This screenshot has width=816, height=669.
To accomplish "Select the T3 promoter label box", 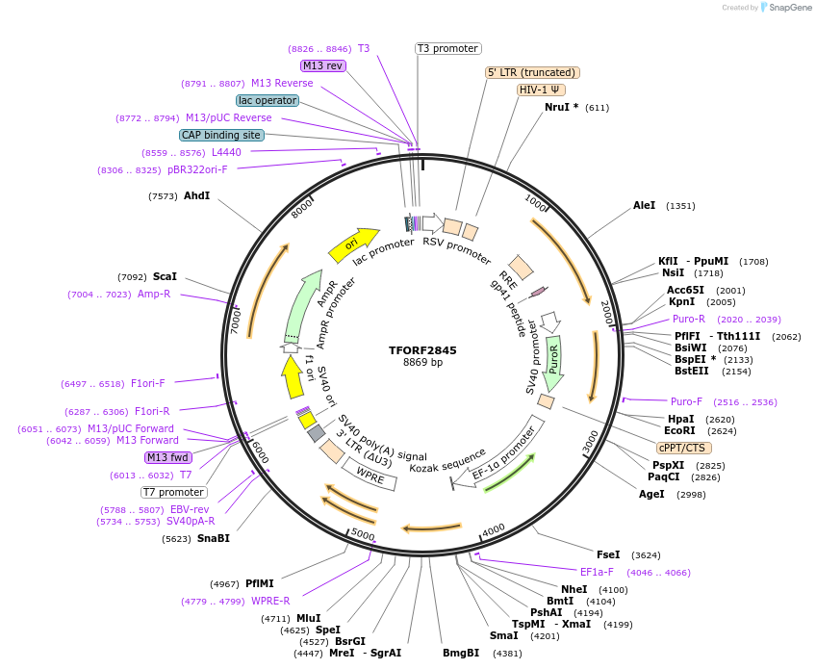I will [x=448, y=48].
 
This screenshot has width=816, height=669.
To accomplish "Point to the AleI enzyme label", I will [x=644, y=205].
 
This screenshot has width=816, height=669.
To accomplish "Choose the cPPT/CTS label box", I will [x=684, y=448].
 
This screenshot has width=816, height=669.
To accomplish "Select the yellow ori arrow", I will [x=352, y=246].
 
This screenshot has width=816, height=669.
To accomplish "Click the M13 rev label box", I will [x=322, y=65].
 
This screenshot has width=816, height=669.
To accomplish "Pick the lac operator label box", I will [x=267, y=100].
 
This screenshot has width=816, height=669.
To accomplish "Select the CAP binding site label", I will [x=221, y=135].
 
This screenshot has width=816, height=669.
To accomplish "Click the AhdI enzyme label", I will [x=196, y=195].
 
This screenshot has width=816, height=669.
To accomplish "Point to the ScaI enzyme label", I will [x=165, y=276].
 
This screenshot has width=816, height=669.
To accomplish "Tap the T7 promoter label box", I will [x=173, y=492].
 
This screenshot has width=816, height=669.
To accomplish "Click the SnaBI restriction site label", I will [x=213, y=538].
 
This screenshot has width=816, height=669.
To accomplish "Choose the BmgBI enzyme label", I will [x=460, y=653].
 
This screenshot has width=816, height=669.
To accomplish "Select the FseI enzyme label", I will [x=608, y=554].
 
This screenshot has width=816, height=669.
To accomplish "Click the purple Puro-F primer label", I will [x=687, y=401].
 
